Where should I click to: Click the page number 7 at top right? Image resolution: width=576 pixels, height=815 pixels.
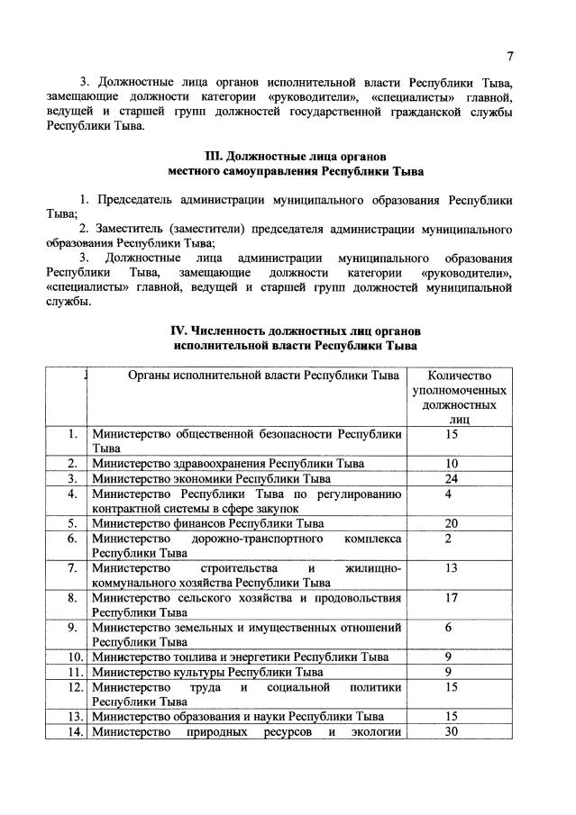point(509,56)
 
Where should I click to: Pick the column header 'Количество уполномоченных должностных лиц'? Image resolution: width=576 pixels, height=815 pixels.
point(459,396)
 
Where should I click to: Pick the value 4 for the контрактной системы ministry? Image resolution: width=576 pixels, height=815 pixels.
point(448,494)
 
